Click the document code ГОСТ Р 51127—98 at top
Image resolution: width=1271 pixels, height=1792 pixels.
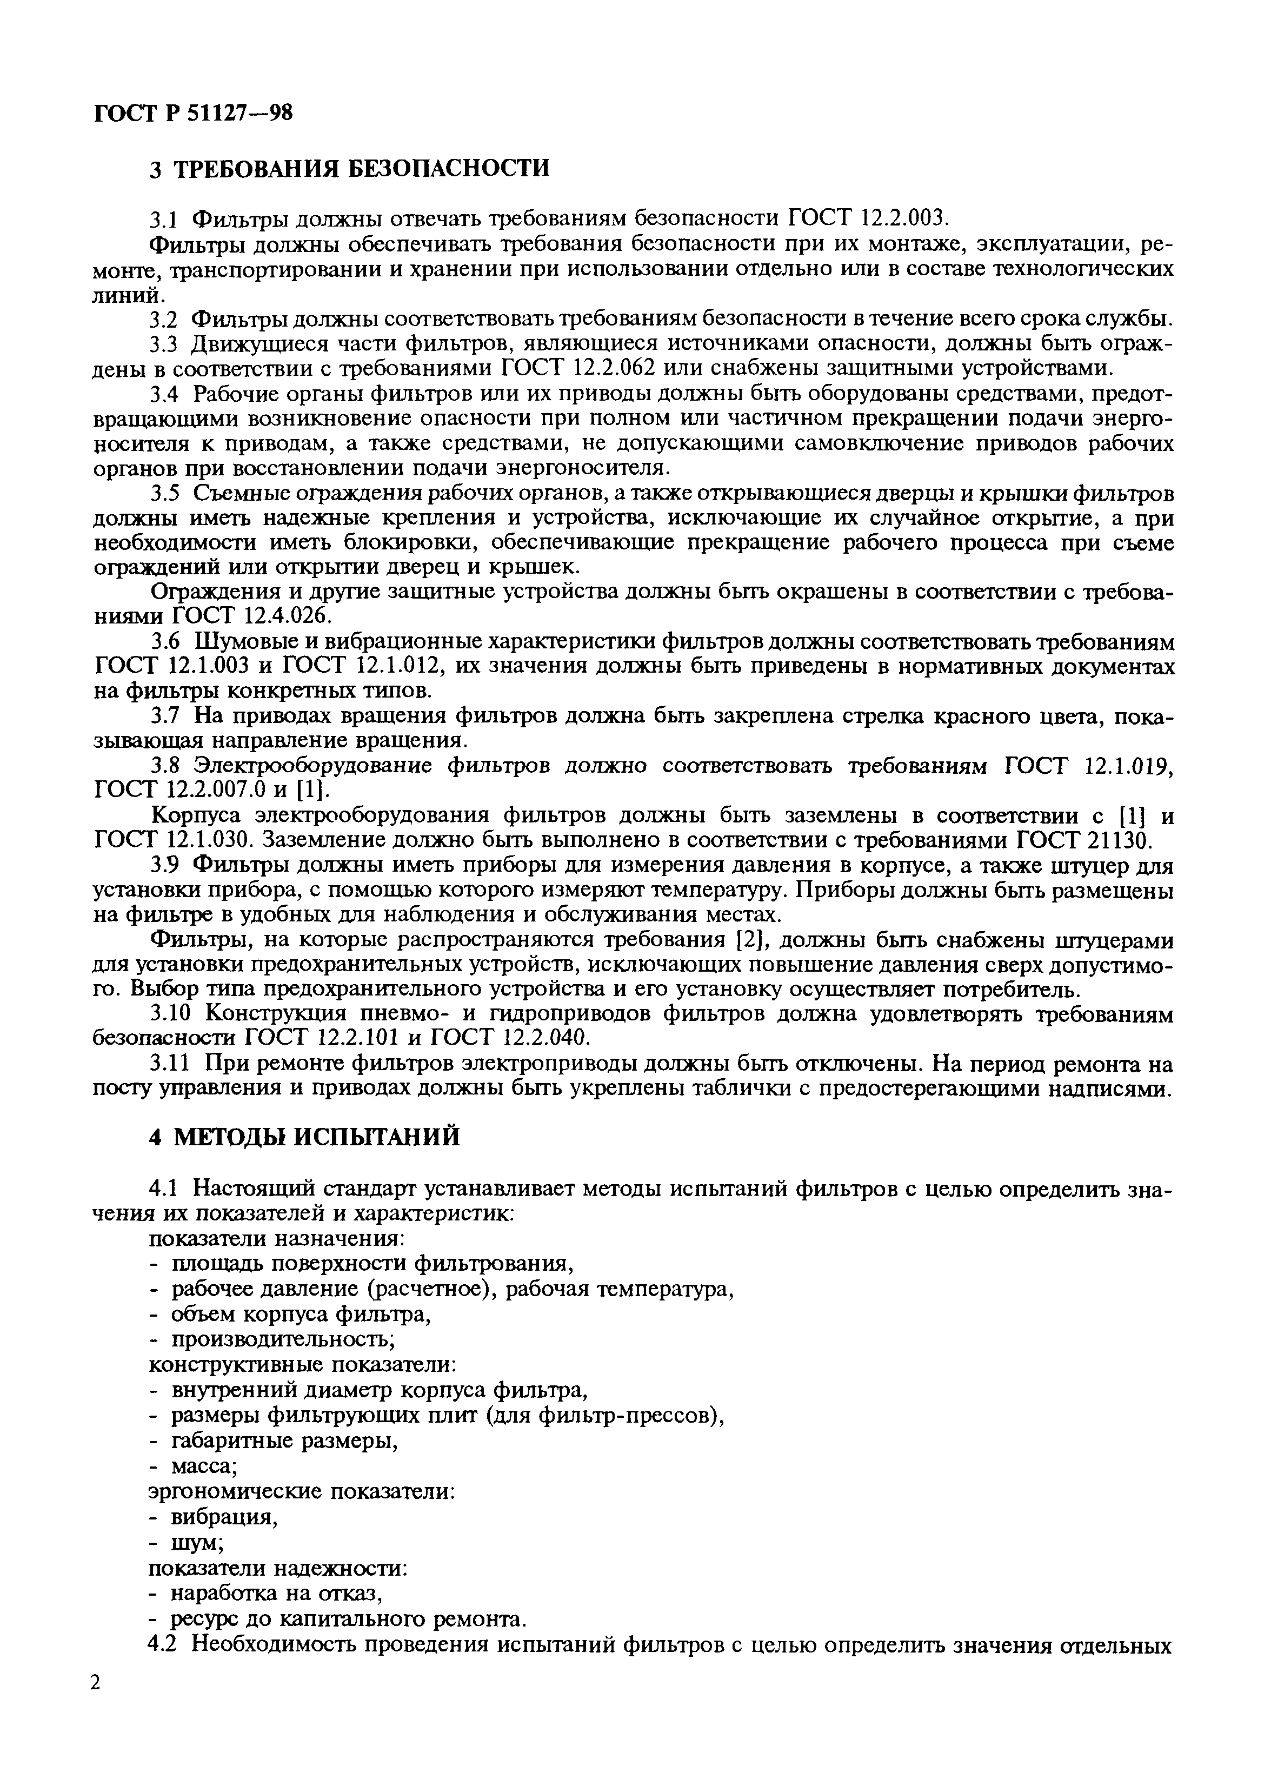click(192, 114)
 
